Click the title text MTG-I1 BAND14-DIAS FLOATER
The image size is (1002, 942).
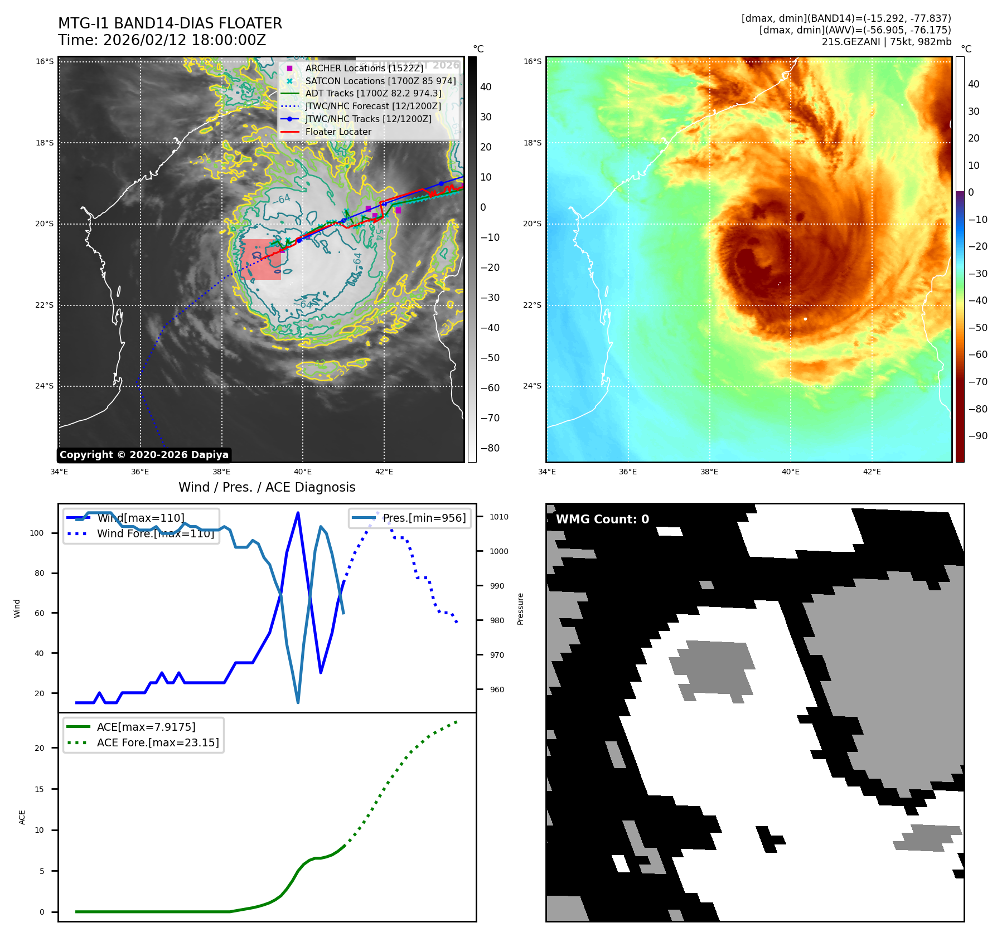pyautogui.click(x=170, y=23)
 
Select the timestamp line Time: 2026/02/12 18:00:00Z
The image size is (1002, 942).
pyautogui.click(x=162, y=40)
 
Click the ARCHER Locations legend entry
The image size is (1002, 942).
pyautogui.click(x=364, y=68)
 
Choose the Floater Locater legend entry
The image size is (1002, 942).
pyautogui.click(x=338, y=132)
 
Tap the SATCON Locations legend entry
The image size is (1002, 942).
pyautogui.click(x=380, y=81)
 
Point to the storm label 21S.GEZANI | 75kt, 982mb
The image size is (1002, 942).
pyautogui.click(x=886, y=42)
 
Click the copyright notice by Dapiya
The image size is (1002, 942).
pyautogui.click(x=144, y=455)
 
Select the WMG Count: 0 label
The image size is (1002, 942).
pyautogui.click(x=602, y=519)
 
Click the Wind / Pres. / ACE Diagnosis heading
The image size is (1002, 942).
pyautogui.click(x=267, y=487)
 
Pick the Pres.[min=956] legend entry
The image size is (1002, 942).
pyautogui.click(x=424, y=518)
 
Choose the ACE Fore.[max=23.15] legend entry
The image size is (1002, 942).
pyautogui.click(x=158, y=742)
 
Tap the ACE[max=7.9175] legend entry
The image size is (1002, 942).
pyautogui.click(x=146, y=727)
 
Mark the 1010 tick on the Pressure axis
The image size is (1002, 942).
pyautogui.click(x=498, y=517)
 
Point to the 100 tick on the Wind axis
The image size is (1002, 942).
pyautogui.click(x=37, y=533)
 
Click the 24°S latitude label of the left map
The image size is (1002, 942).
pyautogui.click(x=45, y=386)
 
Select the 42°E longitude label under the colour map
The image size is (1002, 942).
pyautogui.click(x=872, y=472)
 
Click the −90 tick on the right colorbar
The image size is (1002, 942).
pyautogui.click(x=977, y=436)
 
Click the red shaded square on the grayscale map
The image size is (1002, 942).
pyautogui.click(x=261, y=260)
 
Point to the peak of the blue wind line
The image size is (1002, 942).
pyautogui.click(x=298, y=512)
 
